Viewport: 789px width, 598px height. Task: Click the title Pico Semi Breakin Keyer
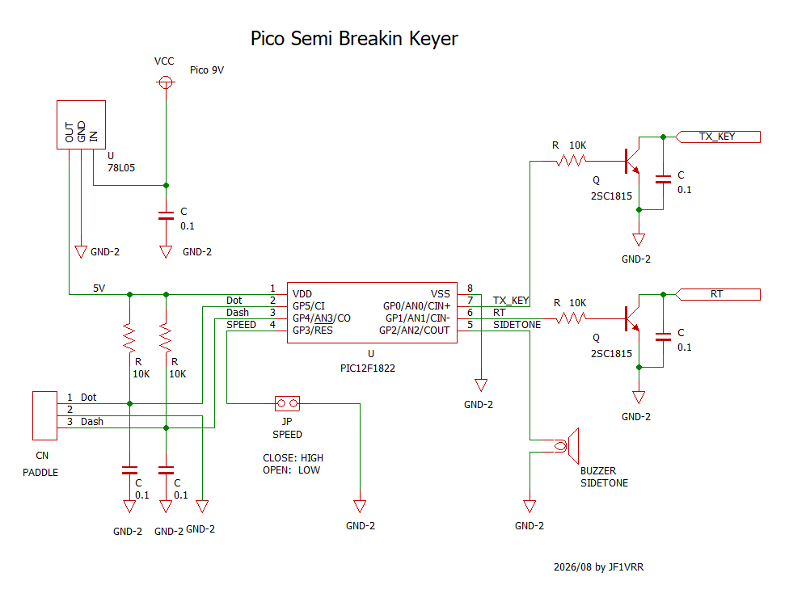354,38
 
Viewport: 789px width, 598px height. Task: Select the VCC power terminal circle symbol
166,82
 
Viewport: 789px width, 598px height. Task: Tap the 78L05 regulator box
81,124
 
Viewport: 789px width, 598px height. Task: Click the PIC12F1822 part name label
367,368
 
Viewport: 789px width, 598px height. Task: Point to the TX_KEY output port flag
718,137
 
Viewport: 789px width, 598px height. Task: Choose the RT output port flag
718,294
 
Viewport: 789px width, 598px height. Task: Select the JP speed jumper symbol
287,403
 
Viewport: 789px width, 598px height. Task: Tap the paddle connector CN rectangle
44,416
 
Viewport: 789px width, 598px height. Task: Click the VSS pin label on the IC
441,293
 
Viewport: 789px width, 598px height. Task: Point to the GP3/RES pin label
313,331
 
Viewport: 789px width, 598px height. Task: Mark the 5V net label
99,288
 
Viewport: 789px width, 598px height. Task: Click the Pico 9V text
207,70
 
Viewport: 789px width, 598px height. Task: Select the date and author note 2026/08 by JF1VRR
598,566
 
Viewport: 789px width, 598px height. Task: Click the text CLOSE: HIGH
293,457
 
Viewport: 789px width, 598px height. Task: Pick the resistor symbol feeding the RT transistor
571,318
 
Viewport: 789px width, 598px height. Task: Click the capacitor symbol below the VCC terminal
166,216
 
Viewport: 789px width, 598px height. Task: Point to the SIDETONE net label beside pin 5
517,325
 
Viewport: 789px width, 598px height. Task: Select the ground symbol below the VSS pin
481,385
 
